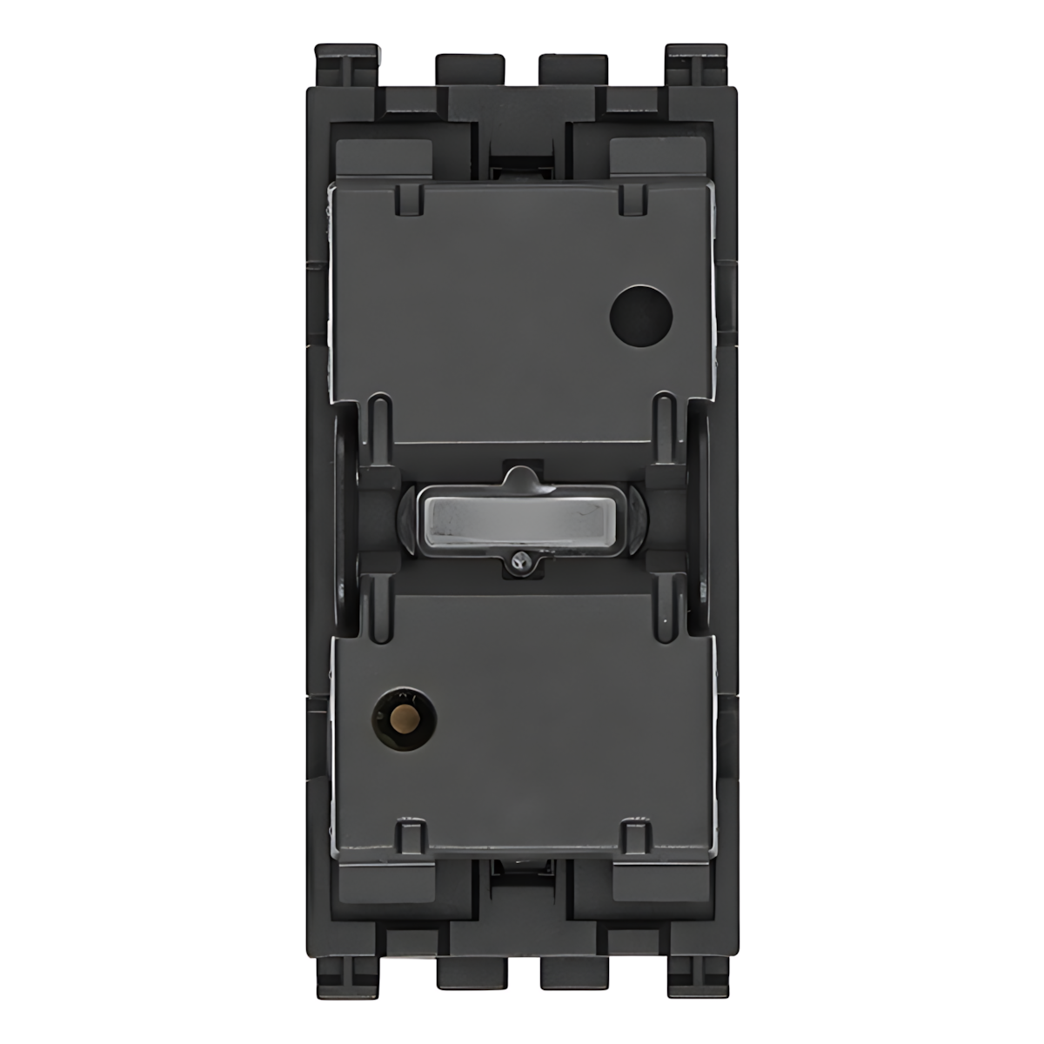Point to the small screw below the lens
(x=521, y=565)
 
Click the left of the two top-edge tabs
(x=470, y=71)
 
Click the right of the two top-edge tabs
(x=574, y=71)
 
